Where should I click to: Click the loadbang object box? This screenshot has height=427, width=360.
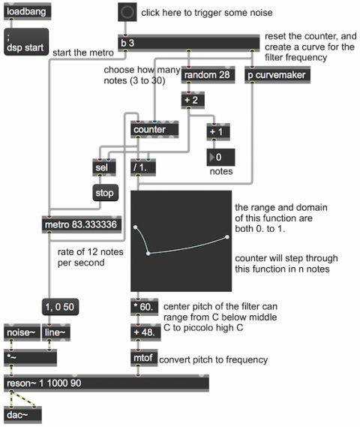[27, 11]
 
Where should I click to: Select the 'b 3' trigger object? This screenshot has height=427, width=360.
[188, 43]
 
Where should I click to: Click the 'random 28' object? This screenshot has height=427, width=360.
[208, 74]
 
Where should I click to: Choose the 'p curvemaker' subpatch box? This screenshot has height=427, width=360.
[277, 74]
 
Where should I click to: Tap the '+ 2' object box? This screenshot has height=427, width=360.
[193, 100]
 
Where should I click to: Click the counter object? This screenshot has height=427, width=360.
[154, 129]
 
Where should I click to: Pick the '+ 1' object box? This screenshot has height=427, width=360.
[218, 132]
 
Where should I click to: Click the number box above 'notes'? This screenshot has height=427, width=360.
[220, 157]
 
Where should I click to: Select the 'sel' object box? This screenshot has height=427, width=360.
[104, 167]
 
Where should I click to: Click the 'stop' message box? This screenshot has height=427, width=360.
[105, 193]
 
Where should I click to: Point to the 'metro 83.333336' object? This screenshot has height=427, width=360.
[82, 224]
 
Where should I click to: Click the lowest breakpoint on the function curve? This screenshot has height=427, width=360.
[148, 254]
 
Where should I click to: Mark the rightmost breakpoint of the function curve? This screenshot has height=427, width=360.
[227, 237]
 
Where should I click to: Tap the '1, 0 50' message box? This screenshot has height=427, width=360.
[61, 307]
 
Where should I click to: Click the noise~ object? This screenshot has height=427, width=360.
[22, 332]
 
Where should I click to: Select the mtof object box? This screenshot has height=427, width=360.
[144, 358]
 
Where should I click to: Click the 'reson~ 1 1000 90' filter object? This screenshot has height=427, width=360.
[106, 383]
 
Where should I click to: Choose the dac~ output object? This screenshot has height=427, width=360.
[22, 415]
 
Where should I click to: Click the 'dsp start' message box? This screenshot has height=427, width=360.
[26, 42]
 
